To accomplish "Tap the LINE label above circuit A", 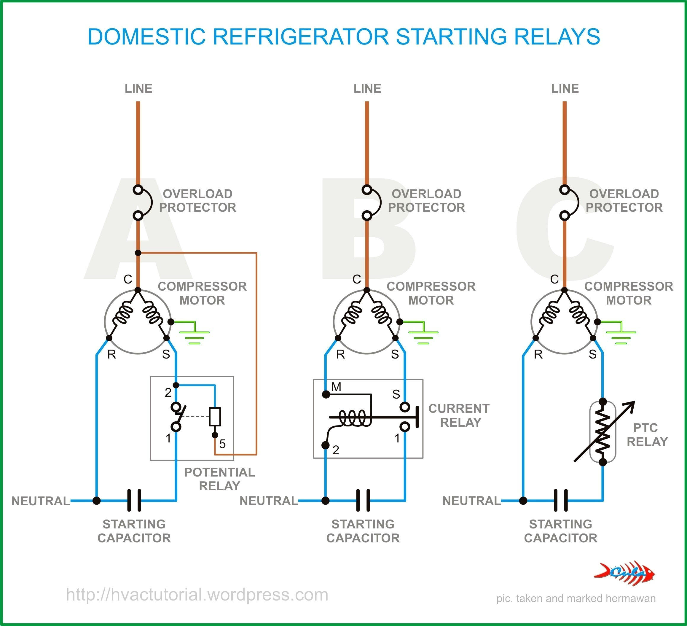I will point(138,89).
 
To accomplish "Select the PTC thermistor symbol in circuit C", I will point(602,432).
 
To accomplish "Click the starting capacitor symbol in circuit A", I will point(134,500).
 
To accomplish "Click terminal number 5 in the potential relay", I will point(222,444).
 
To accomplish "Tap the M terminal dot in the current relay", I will point(326,395).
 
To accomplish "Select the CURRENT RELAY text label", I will point(459,415).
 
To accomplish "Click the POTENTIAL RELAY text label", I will point(219,479).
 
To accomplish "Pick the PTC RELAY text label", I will point(646,434).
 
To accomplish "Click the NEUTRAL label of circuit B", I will point(269,501).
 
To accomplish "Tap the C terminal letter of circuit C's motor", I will point(554,279).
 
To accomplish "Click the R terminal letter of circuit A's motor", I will point(111,355).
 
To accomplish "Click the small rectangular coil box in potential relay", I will point(215,416).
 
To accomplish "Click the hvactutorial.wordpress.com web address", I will point(197,595).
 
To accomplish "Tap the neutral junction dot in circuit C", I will point(523,501).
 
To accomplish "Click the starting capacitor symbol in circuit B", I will point(363,500).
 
